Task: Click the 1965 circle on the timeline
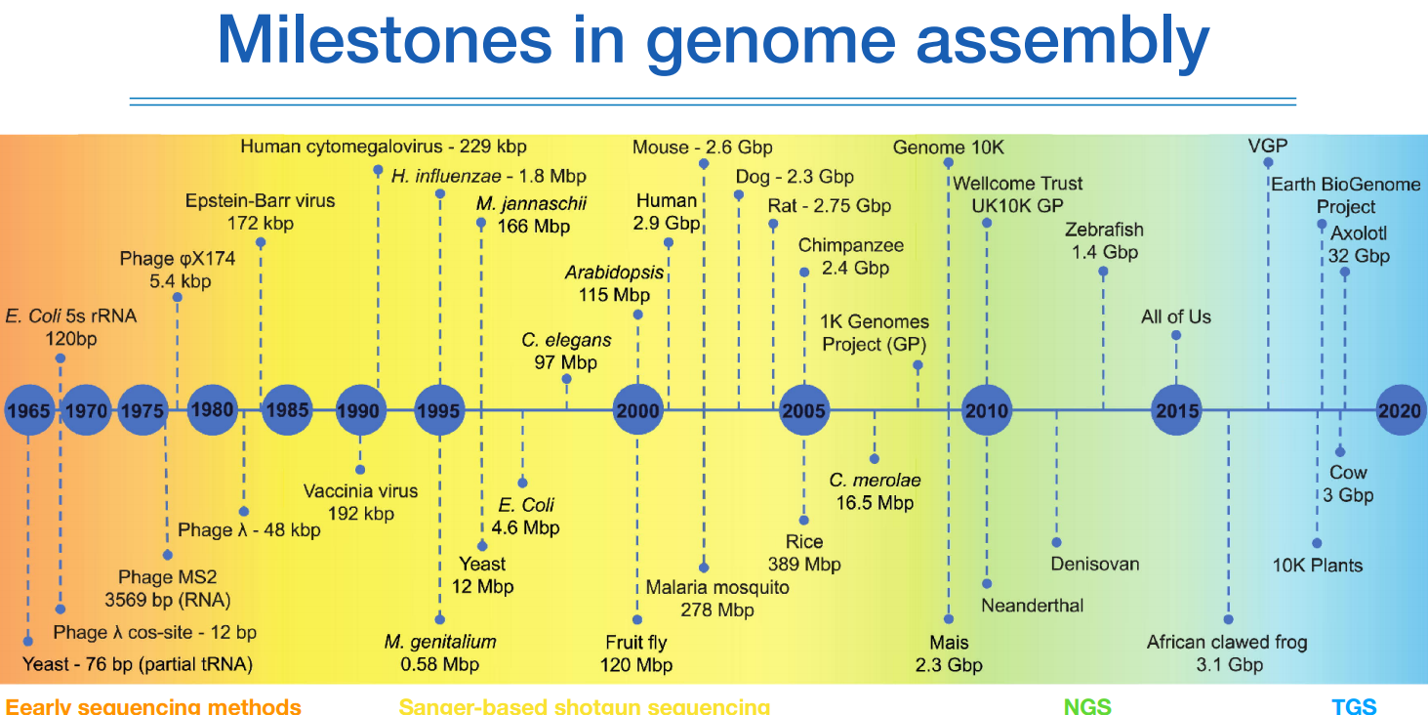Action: [x=27, y=411]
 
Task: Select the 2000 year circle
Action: [x=637, y=411]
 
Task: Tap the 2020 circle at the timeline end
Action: [x=1400, y=411]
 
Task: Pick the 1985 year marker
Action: [x=287, y=411]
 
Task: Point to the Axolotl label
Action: [x=1359, y=233]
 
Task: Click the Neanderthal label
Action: [x=1032, y=605]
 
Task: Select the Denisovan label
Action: [x=1094, y=564]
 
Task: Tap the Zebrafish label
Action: [x=1104, y=230]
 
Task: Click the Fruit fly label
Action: [x=635, y=643]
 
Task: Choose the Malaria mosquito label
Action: [x=717, y=588]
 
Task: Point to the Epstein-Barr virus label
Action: [x=260, y=201]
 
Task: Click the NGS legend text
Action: [x=1087, y=706]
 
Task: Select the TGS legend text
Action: [x=1355, y=706]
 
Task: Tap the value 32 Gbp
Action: [x=1359, y=256]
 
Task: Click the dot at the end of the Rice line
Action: [x=803, y=521]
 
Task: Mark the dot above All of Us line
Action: [x=1176, y=335]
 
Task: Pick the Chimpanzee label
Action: [x=851, y=245]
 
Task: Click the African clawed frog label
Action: [x=1226, y=642]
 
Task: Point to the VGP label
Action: [x=1267, y=147]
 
